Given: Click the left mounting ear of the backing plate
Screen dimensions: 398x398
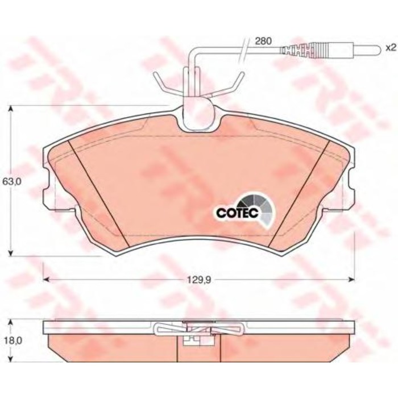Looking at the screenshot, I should coord(48,190).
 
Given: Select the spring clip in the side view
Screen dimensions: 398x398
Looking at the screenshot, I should coord(199,329).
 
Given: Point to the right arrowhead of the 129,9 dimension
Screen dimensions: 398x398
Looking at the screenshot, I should coord(353,279).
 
